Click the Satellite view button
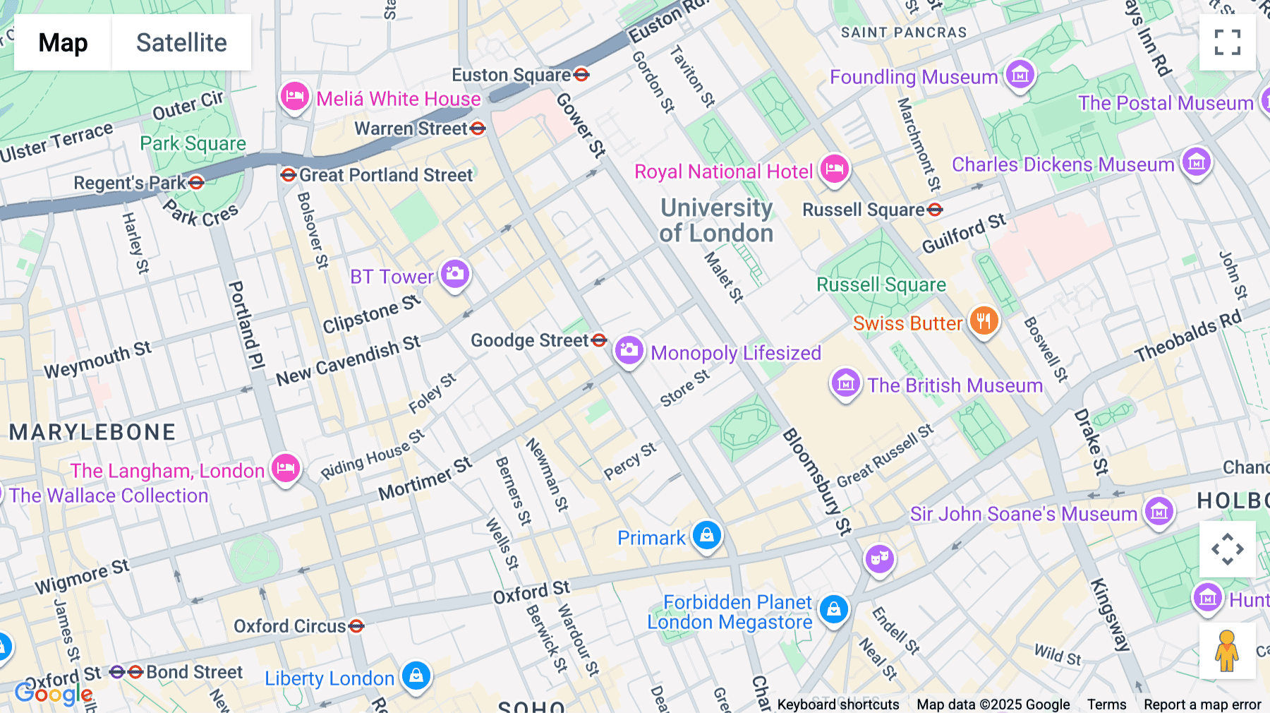point(181,42)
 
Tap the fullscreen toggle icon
point(1227,42)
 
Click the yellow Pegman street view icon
point(1227,651)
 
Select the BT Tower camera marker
point(455,274)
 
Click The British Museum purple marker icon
point(845,383)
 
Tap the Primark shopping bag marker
point(706,536)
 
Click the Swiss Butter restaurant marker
point(984,320)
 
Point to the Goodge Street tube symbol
point(599,340)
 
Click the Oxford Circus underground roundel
point(356,626)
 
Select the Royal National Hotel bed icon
point(834,169)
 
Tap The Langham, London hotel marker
point(285,467)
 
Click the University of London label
point(716,220)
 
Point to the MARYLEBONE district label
point(92,432)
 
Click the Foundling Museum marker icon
point(1020,74)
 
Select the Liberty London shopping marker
point(416,676)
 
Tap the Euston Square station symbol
point(581,74)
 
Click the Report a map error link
point(1202,705)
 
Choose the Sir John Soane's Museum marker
point(1159,511)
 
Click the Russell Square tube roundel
point(935,210)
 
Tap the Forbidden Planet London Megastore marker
point(833,608)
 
